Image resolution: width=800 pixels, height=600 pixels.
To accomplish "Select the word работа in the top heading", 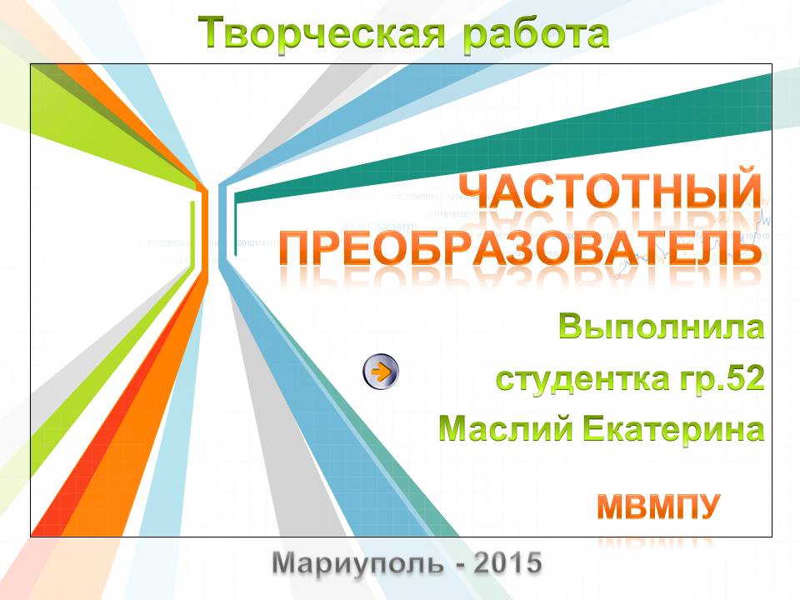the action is click(x=536, y=33).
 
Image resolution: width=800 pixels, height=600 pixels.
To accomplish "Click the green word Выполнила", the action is click(x=661, y=327).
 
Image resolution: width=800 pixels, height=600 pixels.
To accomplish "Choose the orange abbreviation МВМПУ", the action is click(x=658, y=506).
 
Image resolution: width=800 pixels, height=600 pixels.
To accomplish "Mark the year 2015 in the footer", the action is click(x=507, y=562).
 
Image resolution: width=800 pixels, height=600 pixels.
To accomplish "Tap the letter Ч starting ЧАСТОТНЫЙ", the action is click(x=477, y=191).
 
